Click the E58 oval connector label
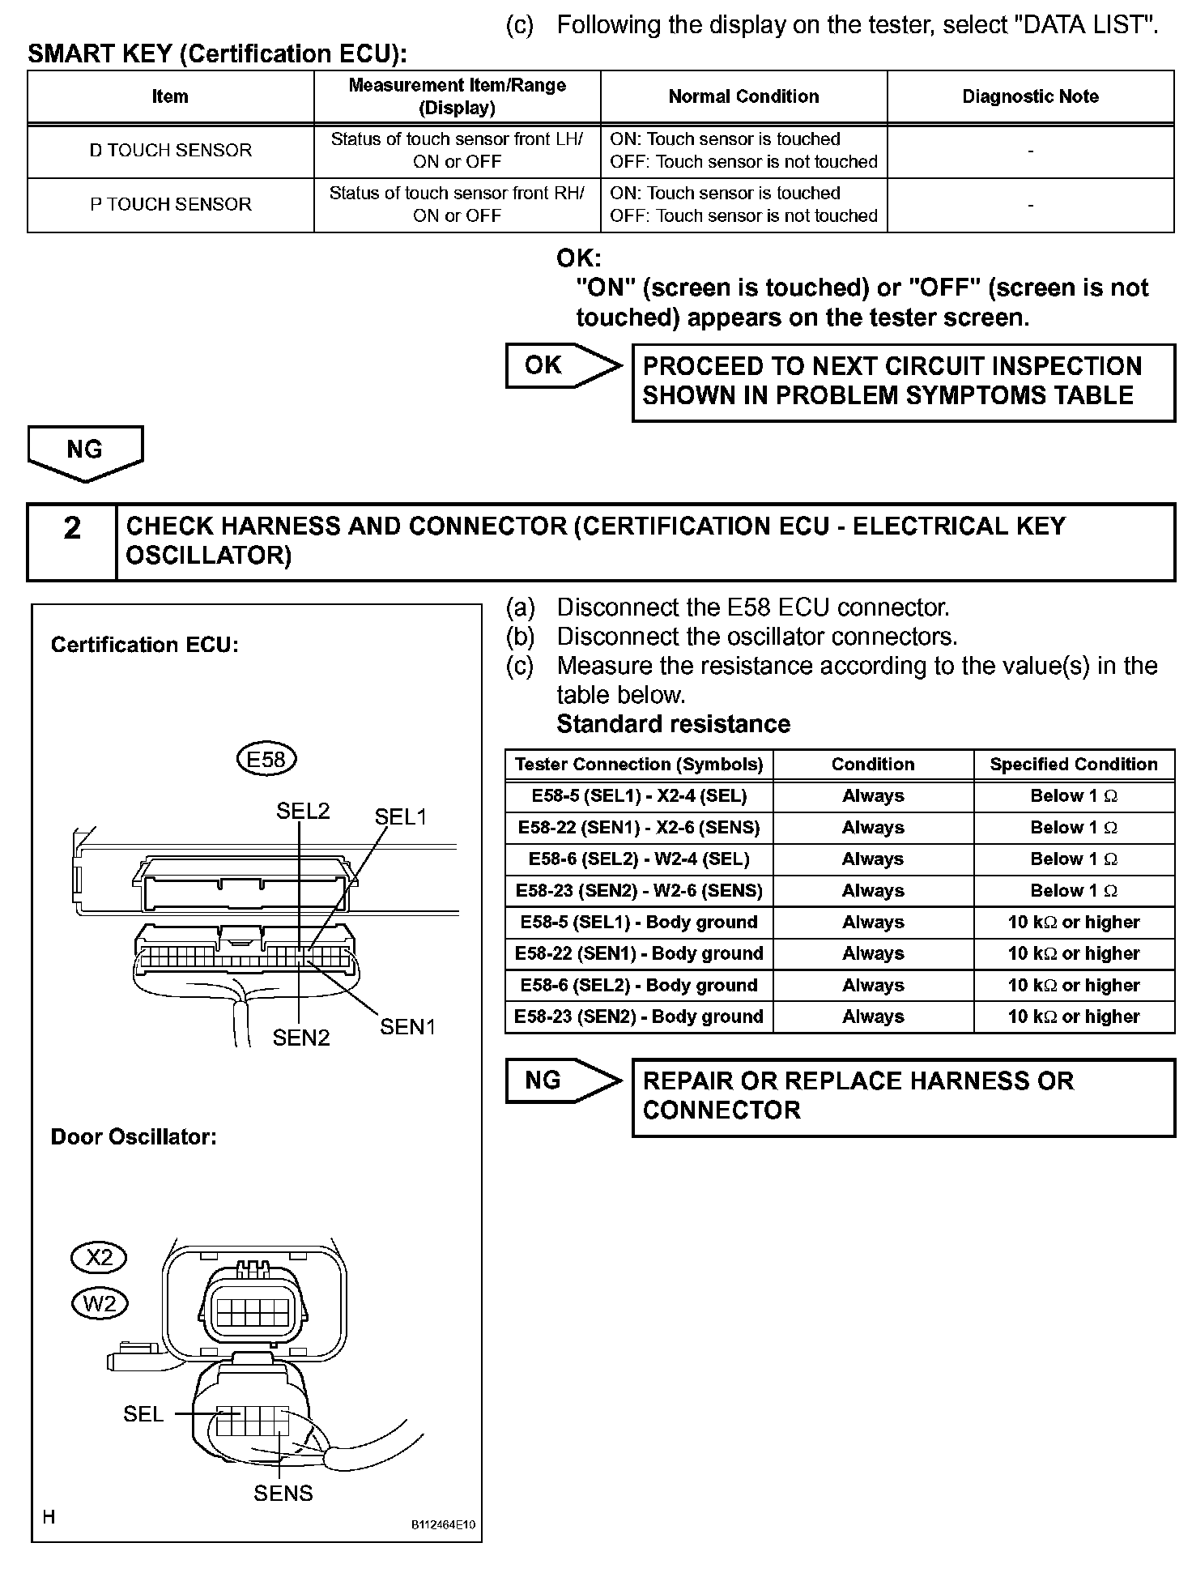click(x=266, y=759)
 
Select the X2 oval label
click(x=99, y=1257)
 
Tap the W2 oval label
click(x=100, y=1303)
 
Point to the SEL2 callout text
click(x=303, y=811)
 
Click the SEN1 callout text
click(x=408, y=1027)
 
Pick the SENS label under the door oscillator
click(x=283, y=1493)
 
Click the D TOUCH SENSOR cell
click(x=170, y=151)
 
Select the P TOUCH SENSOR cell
click(x=170, y=204)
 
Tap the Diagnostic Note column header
click(x=1030, y=96)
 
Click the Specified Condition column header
click(x=1073, y=765)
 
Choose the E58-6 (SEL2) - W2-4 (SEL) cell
click(x=639, y=859)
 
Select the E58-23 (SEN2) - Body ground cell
click(x=639, y=1016)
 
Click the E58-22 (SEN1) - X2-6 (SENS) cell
click(x=639, y=828)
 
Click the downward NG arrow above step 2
click(x=85, y=452)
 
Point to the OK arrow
click(x=561, y=365)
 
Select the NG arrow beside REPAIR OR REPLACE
click(x=561, y=1080)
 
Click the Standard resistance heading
click(x=673, y=723)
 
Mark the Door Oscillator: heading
click(x=134, y=1136)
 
